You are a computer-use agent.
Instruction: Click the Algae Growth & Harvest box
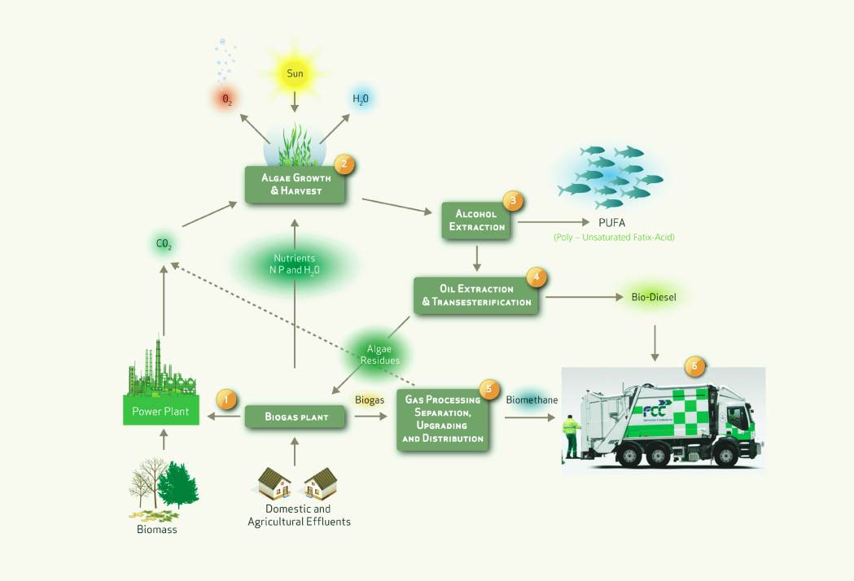click(295, 185)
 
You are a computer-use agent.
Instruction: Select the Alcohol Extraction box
click(476, 221)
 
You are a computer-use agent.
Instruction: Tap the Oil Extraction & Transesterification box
click(476, 295)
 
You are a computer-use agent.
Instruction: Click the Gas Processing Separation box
click(442, 419)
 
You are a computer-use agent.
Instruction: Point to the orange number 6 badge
click(694, 366)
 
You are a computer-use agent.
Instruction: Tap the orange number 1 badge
click(226, 400)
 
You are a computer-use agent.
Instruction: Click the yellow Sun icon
click(295, 73)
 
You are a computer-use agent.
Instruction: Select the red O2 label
click(227, 99)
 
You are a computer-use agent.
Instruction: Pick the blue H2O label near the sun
click(361, 98)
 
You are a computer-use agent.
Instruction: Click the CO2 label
click(164, 244)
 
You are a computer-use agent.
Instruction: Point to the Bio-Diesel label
click(654, 297)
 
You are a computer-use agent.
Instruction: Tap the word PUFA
click(611, 222)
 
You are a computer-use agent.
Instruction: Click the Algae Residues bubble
click(379, 355)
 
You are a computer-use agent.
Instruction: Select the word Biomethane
click(532, 400)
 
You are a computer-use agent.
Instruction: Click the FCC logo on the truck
click(655, 411)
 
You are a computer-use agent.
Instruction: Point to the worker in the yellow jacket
click(571, 436)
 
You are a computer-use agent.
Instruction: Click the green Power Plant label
click(160, 411)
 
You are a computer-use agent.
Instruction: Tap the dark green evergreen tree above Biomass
click(177, 485)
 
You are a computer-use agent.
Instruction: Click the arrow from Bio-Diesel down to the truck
click(655, 343)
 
